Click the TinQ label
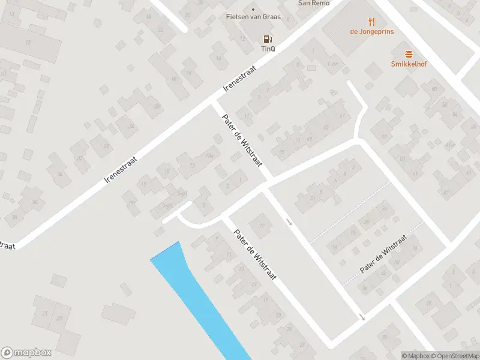click(x=268, y=49)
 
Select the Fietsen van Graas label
click(x=253, y=17)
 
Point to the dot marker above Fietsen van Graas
click(x=253, y=9)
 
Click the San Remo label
click(x=314, y=3)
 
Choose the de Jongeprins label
click(x=372, y=31)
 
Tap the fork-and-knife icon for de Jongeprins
click(x=372, y=22)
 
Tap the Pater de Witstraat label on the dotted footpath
click(x=383, y=256)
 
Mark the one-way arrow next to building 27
click(x=289, y=222)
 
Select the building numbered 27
click(x=261, y=226)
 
